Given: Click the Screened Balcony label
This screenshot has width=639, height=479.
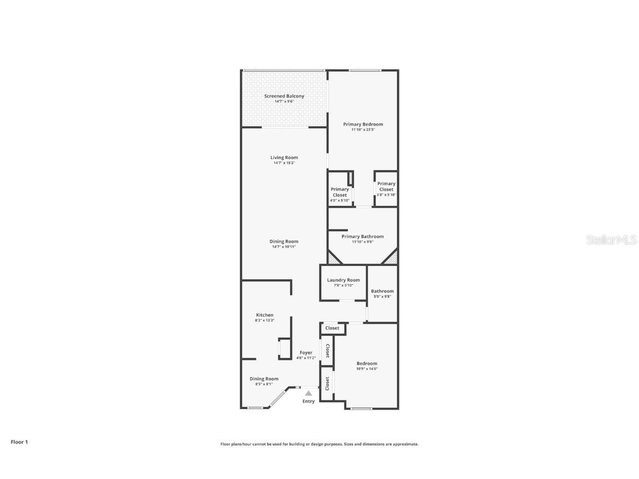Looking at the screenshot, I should click(284, 96).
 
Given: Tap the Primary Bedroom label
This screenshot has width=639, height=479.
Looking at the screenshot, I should click(363, 124).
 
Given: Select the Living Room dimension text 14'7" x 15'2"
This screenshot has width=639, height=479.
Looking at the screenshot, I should click(284, 163).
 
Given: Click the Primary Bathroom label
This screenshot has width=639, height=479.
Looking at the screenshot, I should click(362, 236).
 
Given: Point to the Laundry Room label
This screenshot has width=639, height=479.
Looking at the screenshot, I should click(343, 280).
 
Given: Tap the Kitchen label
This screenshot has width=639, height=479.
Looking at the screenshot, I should click(265, 315).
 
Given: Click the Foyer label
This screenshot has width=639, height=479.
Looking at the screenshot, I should click(306, 353).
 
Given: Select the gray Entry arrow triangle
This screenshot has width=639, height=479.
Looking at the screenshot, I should click(308, 393).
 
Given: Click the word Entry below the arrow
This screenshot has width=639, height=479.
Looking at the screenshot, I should click(308, 401).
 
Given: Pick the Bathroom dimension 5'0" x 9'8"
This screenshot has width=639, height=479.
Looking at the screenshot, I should click(382, 297).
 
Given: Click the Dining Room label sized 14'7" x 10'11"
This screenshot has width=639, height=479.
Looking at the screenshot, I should click(284, 241).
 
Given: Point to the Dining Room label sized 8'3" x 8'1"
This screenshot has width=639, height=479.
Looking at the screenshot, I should click(264, 379).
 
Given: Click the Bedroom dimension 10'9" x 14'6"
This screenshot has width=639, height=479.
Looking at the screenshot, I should click(367, 369).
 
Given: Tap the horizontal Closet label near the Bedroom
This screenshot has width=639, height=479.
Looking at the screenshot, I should click(332, 328).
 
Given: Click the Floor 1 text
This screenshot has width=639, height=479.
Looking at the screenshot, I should click(19, 442).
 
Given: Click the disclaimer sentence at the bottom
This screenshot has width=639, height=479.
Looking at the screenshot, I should click(319, 444).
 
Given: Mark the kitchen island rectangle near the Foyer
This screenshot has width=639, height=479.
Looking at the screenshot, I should click(284, 349).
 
